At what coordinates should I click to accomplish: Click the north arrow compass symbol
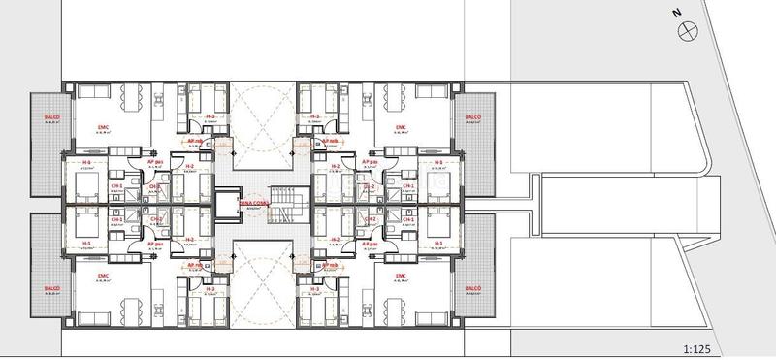pos(690,31)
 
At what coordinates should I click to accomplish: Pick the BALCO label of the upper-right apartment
pos(473,118)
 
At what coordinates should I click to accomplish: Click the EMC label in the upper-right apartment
pos(402,127)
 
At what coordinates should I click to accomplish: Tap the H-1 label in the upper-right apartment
pos(438,162)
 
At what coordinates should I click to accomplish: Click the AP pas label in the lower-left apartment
pos(153,244)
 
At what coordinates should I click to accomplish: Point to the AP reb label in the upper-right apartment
pos(330,140)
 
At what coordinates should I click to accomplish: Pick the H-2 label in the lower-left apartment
pos(189,239)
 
